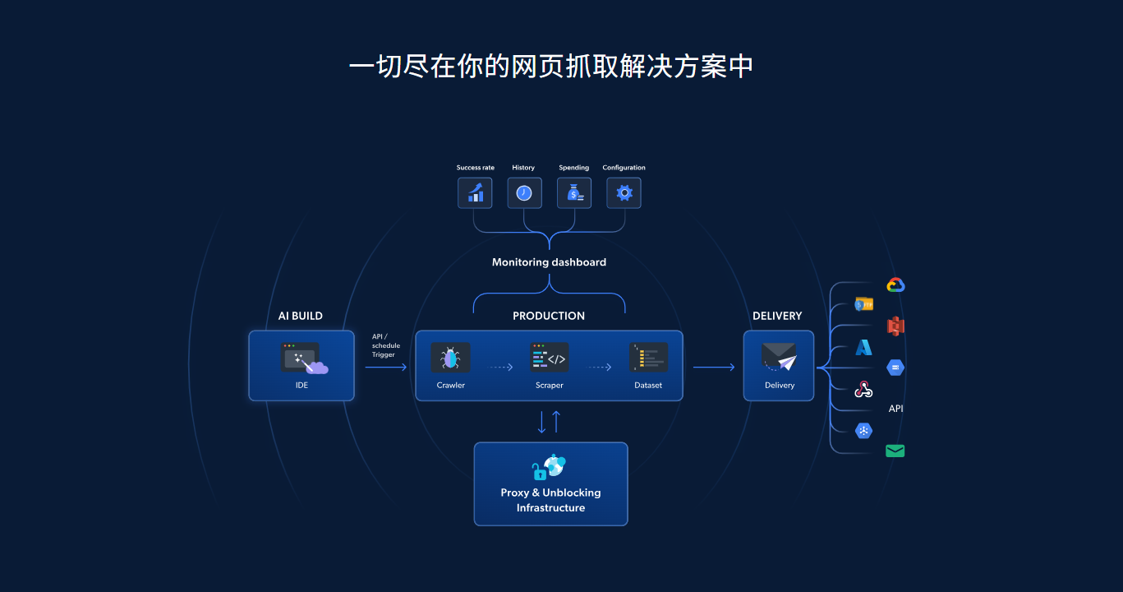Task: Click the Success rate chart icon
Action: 475,193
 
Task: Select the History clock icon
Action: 524,193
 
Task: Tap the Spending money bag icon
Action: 574,193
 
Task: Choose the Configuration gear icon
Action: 624,193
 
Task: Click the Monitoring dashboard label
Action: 549,262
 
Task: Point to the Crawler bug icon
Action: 450,358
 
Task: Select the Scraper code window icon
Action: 549,358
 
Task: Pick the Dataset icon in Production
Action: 648,358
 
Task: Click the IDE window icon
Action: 301,358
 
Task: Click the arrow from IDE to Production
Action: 385,368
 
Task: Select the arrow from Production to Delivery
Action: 713,368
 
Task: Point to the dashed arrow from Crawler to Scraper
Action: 500,368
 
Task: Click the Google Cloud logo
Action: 895,285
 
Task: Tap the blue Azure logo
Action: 863,347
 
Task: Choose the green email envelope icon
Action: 895,451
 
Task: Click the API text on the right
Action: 895,409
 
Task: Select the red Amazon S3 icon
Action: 895,326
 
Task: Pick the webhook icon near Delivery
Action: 863,389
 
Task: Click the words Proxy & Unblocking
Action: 550,493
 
